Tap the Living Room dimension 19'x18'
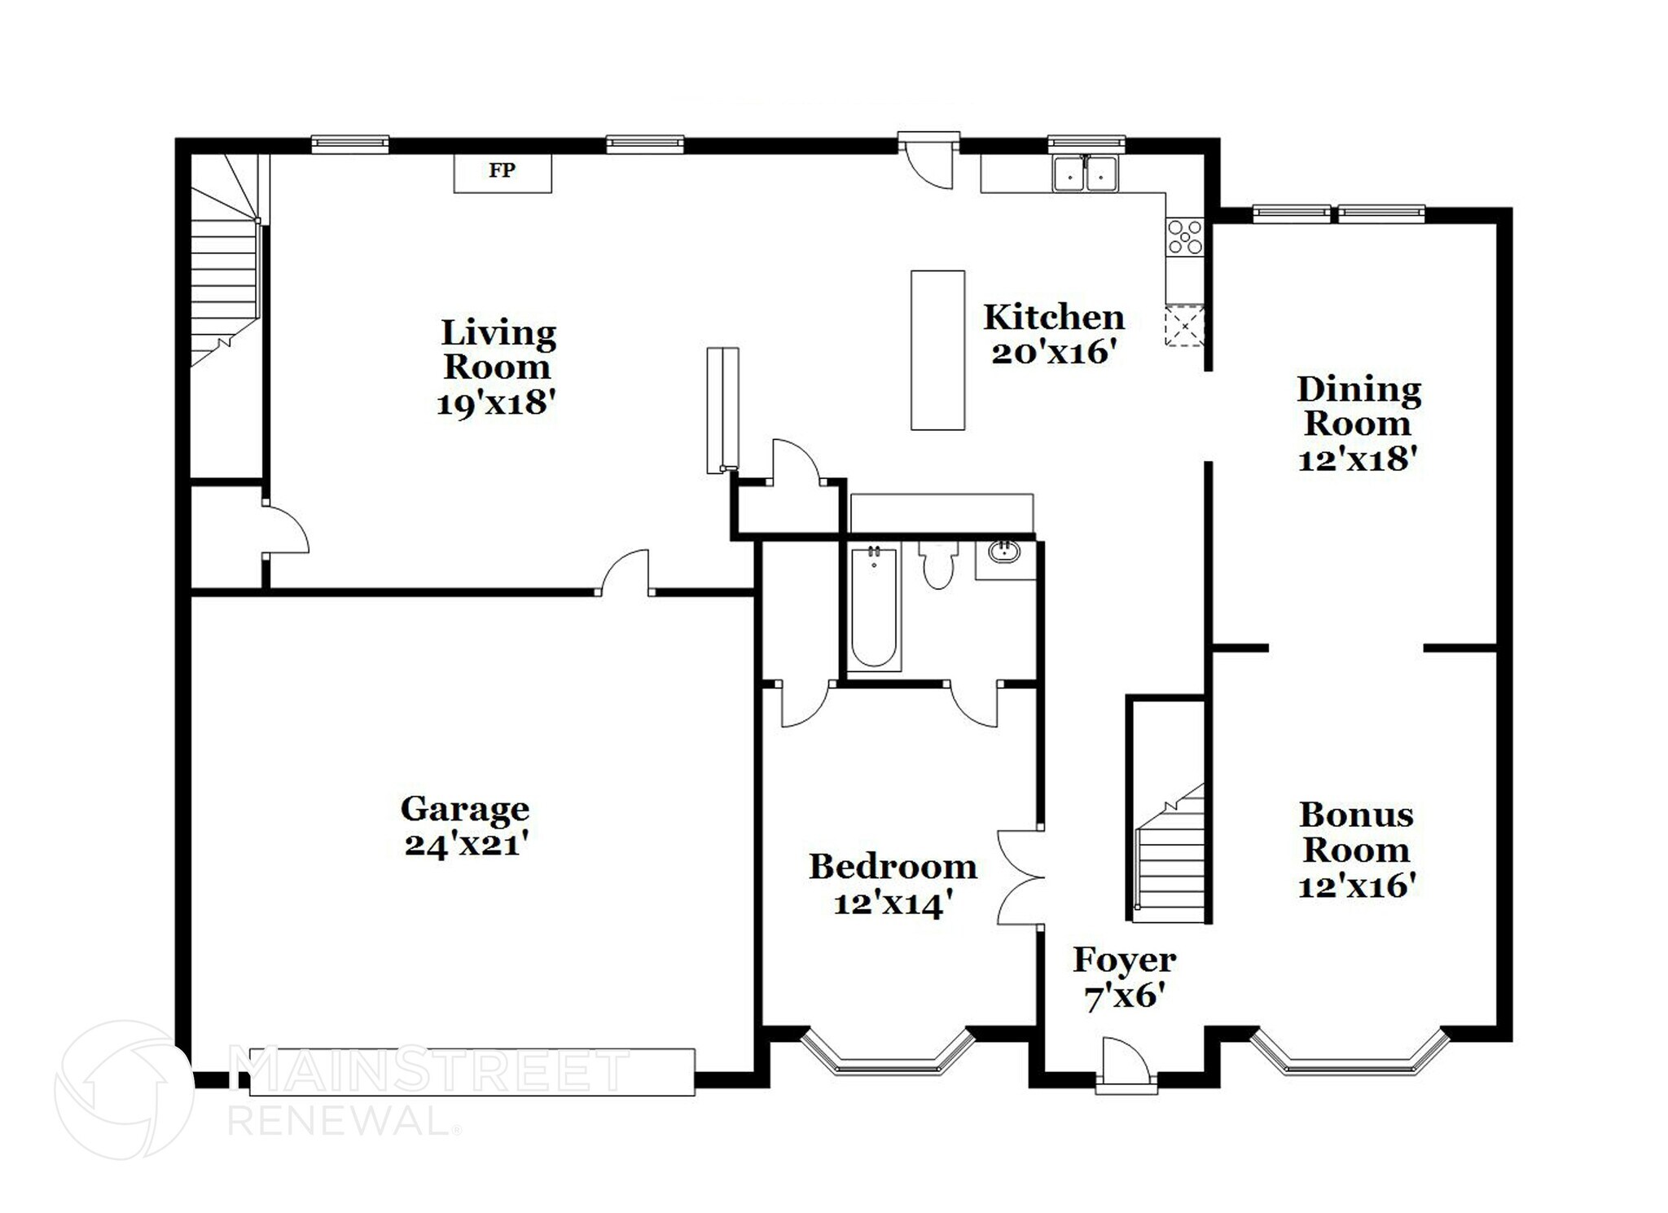click(x=496, y=402)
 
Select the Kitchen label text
click(x=1053, y=318)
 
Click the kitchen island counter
click(x=937, y=350)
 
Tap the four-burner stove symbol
click(x=1184, y=237)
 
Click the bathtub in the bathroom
click(x=874, y=609)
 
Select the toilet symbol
click(x=938, y=563)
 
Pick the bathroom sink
click(x=1005, y=552)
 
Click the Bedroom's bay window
click(x=889, y=1056)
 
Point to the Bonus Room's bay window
click(x=1350, y=1056)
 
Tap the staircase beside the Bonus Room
click(x=1170, y=864)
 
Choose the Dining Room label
click(x=1358, y=406)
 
